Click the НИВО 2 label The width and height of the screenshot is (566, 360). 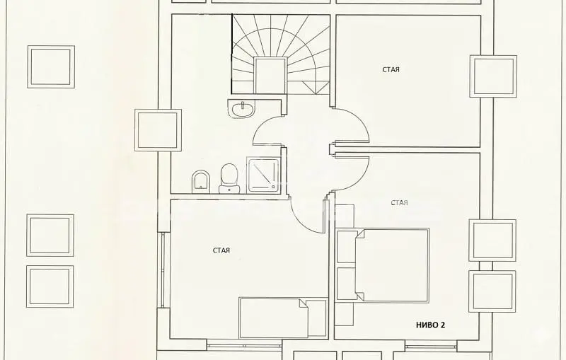(x=430, y=325)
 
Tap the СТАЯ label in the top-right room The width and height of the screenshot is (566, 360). (x=391, y=69)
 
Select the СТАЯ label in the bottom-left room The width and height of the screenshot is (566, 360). (x=221, y=250)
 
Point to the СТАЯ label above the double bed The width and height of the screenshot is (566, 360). (x=399, y=203)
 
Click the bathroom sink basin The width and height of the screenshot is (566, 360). (x=242, y=108)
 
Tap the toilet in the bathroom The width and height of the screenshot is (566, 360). (x=229, y=178)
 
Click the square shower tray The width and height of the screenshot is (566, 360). (x=263, y=175)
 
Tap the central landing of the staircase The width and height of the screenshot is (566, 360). (x=270, y=75)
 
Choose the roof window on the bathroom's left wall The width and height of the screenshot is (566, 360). (x=158, y=130)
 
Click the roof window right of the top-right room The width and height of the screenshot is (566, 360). (x=493, y=76)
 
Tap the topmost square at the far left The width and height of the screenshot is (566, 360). (x=51, y=66)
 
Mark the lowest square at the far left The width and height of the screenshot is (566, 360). (x=50, y=286)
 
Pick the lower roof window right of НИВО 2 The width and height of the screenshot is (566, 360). (x=492, y=291)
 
